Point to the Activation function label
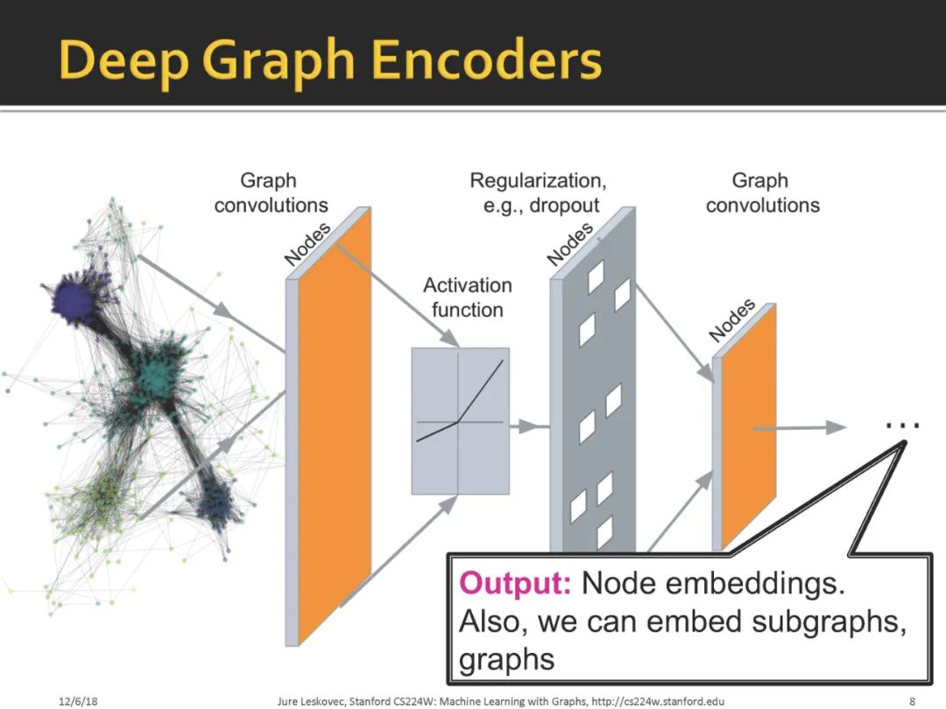tap(467, 298)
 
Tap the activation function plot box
tap(460, 420)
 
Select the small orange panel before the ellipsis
tap(749, 429)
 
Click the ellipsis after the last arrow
tap(902, 425)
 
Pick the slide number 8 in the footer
tap(912, 700)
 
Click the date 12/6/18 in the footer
tap(78, 700)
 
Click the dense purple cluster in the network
tap(77, 300)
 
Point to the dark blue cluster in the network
tap(216, 505)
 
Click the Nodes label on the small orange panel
tap(731, 320)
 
